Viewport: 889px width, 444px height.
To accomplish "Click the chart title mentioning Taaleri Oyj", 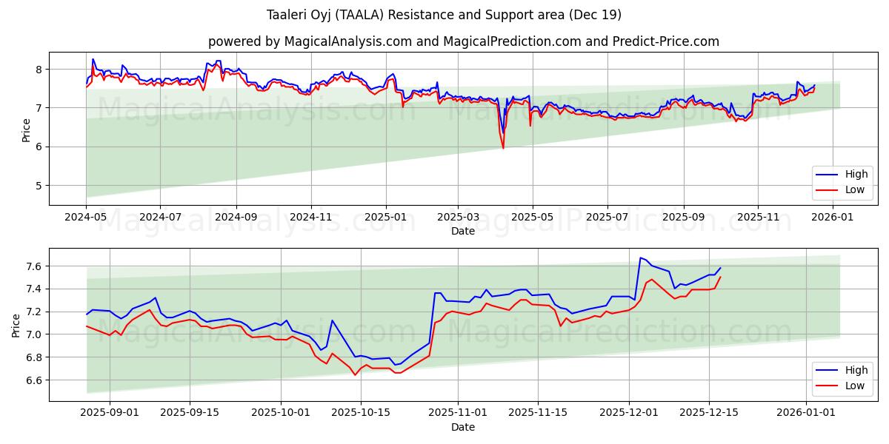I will coord(444,15).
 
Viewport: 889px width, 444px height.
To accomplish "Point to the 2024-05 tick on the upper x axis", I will coord(86,218).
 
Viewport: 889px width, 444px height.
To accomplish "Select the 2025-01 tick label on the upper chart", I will coord(385,218).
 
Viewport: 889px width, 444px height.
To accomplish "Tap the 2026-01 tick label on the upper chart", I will coord(833,218).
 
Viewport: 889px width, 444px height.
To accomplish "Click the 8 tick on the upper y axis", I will coord(39,70).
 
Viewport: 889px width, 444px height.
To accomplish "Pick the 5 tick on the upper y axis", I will coord(39,186).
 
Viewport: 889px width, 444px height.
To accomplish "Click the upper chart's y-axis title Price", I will coord(27,129).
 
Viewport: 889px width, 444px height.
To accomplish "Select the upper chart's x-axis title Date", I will coord(463,231).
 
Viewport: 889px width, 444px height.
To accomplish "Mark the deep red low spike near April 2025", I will coord(503,148).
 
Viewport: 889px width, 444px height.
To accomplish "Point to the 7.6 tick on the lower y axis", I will coord(34,266).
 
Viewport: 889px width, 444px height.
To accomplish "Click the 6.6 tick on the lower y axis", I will coord(34,380).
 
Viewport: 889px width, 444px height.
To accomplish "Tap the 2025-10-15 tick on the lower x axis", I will coord(361,411).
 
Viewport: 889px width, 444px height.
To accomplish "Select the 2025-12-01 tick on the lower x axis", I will coord(629,411).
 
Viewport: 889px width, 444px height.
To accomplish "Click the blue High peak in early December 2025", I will coord(640,258).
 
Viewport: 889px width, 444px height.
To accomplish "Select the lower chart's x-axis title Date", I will coord(463,427).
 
